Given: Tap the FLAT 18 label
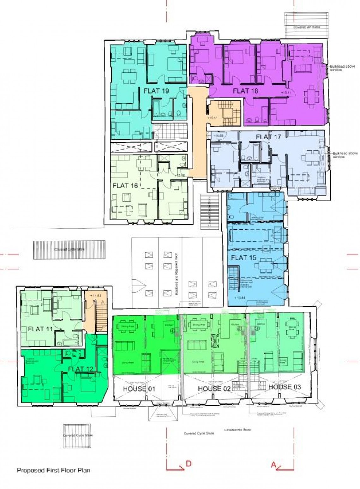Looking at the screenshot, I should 245,91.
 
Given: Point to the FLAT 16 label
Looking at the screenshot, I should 125,186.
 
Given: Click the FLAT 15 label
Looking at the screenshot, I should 243,257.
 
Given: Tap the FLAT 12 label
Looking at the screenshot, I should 76,369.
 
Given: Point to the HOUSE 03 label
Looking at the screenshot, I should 285,387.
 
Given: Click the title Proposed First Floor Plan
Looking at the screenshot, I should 53,470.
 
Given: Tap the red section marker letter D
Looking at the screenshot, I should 189,464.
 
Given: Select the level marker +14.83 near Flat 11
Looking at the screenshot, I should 95,296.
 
